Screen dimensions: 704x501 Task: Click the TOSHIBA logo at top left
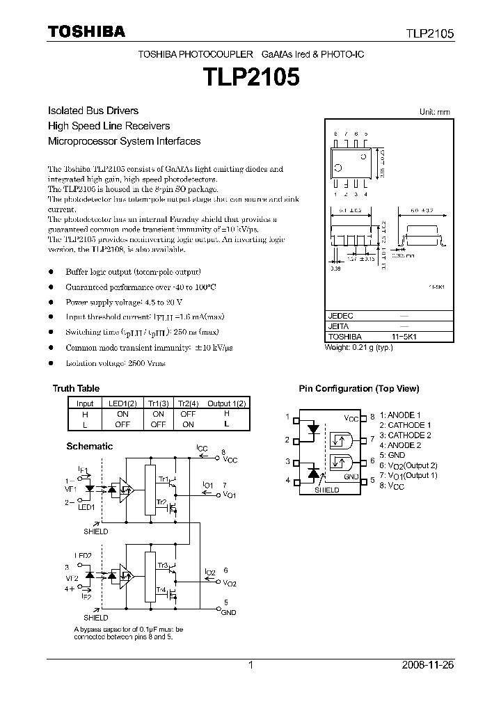pos(86,31)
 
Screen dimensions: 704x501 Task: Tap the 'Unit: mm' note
pos(435,112)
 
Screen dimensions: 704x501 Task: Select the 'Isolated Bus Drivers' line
pos(93,111)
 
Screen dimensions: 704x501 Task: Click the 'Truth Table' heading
pos(76,388)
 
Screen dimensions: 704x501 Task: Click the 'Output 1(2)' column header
pos(227,403)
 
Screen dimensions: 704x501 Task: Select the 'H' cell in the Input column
pos(85,413)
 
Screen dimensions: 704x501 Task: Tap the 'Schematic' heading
pos(89,446)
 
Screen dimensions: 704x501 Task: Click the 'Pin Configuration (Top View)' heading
pos(359,389)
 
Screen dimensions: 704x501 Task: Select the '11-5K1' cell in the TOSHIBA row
pos(404,336)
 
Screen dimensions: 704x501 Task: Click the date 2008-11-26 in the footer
pos(428,665)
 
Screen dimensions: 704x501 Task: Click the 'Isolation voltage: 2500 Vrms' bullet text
pos(116,363)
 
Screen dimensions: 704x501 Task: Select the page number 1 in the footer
pos(250,665)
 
